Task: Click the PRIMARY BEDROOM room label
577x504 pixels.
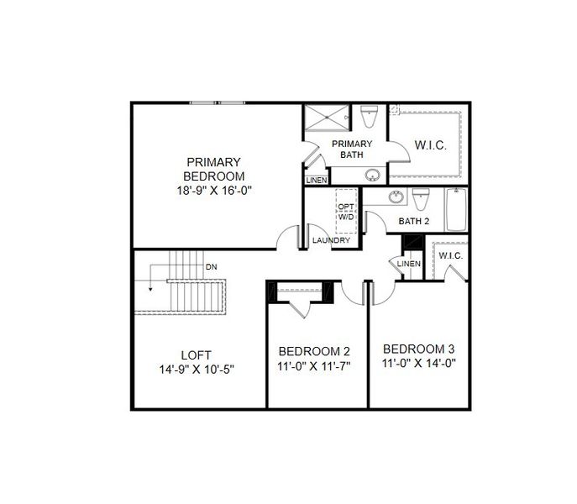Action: point(214,169)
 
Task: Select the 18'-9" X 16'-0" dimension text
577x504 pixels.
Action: point(214,191)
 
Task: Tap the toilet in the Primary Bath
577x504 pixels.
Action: point(369,115)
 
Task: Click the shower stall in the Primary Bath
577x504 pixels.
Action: point(323,118)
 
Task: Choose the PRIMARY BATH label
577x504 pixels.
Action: point(356,149)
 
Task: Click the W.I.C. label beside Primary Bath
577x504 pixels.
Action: point(430,145)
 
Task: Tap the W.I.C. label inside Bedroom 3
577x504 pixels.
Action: point(451,255)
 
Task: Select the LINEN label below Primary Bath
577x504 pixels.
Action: point(316,180)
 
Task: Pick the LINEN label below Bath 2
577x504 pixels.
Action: point(408,265)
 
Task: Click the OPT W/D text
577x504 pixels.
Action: point(346,212)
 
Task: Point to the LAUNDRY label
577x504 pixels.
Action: point(331,241)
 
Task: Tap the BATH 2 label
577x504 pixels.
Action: point(414,222)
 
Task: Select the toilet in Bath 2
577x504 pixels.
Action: point(422,199)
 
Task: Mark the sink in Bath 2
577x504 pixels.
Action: point(395,198)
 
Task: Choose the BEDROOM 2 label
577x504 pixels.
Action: point(314,351)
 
